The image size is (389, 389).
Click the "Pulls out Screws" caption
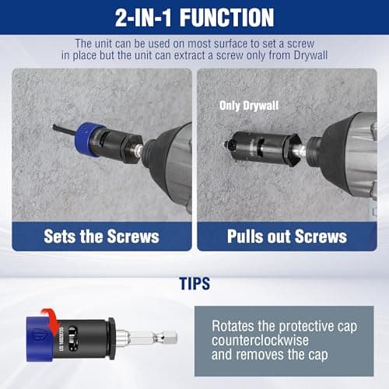[x=287, y=237]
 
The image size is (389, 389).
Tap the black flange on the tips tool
[x=112, y=337]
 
